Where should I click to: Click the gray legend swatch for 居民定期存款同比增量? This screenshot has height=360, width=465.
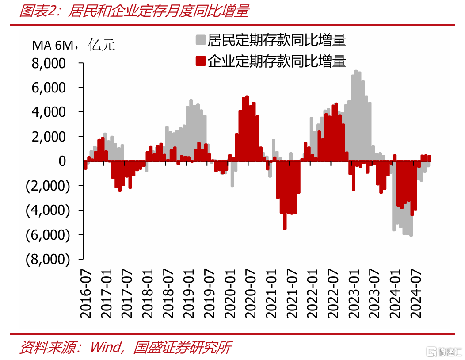tap(201, 40)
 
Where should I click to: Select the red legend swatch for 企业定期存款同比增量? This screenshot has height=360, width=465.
tap(201, 61)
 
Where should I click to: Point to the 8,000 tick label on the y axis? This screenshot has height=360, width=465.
tap(49, 63)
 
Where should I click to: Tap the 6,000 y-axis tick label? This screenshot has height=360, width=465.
tap(49, 88)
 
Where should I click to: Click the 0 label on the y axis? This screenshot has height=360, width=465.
tap(62, 161)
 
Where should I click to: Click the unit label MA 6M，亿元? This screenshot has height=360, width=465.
tap(73, 45)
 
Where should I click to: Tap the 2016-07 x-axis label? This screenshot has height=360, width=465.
tap(86, 294)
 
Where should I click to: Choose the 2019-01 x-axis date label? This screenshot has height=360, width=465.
tap(189, 294)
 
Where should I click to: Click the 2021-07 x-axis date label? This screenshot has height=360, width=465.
tap(292, 294)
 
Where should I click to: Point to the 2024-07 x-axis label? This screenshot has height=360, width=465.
tap(415, 294)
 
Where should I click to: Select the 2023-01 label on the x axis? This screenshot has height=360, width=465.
tap(354, 294)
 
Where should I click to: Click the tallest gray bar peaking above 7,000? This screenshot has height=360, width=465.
tap(356, 116)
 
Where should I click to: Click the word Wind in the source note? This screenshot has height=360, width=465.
tap(105, 347)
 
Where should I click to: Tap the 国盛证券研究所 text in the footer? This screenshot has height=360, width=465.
tap(182, 347)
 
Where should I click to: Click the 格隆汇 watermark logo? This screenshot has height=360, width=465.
tap(444, 352)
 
